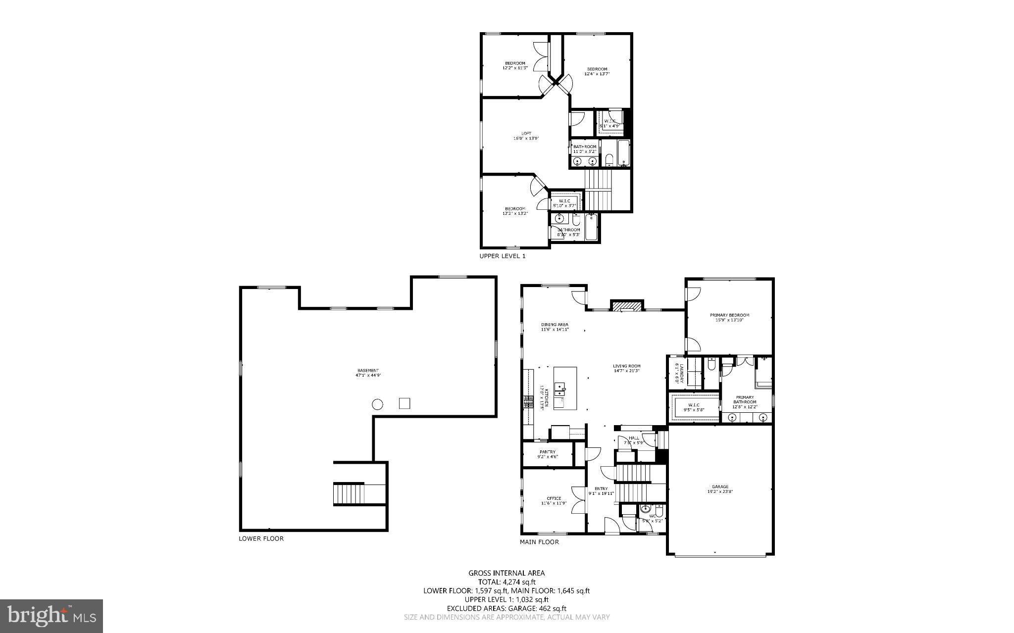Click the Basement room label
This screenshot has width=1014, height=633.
[368, 373]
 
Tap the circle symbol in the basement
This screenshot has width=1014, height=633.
[377, 404]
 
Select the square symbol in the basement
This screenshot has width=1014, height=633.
[405, 403]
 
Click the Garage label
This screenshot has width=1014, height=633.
[720, 489]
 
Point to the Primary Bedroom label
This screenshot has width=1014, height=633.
[729, 317]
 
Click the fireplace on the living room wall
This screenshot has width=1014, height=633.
[627, 306]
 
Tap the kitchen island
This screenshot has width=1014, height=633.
[565, 388]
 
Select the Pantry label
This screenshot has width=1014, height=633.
[547, 454]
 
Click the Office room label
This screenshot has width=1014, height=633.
[554, 500]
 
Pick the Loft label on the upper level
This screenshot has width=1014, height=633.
[526, 136]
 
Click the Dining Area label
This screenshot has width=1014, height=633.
[555, 327]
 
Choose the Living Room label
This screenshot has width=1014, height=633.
[627, 368]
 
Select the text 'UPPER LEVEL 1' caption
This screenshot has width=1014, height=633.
[502, 256]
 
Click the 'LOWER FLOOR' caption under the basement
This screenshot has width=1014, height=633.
[261, 538]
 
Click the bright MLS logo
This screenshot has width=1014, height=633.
[51, 616]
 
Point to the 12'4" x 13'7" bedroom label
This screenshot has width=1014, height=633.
[597, 71]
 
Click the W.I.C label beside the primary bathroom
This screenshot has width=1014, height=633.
[693, 407]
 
